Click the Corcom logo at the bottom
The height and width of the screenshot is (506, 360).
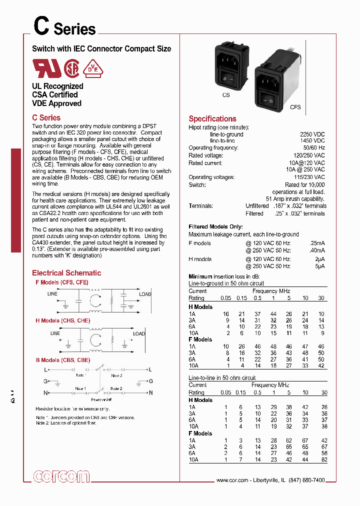(61, 476)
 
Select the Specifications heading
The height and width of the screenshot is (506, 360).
(212, 119)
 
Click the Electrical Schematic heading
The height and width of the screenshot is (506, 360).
(66, 273)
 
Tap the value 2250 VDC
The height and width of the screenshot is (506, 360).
(312, 134)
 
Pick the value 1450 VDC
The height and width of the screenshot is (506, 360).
(312, 141)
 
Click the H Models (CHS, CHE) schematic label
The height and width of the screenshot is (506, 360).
(62, 320)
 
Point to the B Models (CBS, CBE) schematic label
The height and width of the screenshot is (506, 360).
(62, 360)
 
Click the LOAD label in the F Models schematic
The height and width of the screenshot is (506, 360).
(145, 294)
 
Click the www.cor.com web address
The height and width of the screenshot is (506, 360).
(232, 480)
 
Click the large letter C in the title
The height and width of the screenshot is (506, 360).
(40, 25)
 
